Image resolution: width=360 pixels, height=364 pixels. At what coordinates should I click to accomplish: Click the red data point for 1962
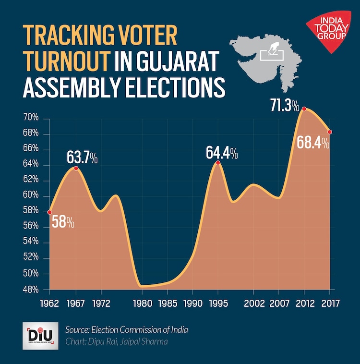coord(49,212)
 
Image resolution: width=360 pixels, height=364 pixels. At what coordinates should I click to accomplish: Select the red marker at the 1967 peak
coord(76,168)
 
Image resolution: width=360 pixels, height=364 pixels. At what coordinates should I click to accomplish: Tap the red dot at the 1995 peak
coord(218,163)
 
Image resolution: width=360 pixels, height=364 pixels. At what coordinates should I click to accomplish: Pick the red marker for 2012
coord(304,109)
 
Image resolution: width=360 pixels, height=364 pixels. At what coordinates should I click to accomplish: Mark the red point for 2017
coord(329,132)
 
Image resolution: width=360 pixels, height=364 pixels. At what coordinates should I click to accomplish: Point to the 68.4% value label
coord(312,143)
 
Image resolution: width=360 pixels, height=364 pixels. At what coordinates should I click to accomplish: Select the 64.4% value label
coord(222,153)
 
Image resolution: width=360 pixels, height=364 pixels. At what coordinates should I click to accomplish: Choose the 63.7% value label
coord(82,157)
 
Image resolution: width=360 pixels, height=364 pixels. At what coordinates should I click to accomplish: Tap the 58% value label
coord(63,222)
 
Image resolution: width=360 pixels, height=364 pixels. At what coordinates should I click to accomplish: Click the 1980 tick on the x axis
coord(142,303)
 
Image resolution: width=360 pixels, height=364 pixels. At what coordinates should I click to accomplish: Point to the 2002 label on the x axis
coord(252,303)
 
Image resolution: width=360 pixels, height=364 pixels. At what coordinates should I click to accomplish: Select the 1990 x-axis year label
coord(192,303)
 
